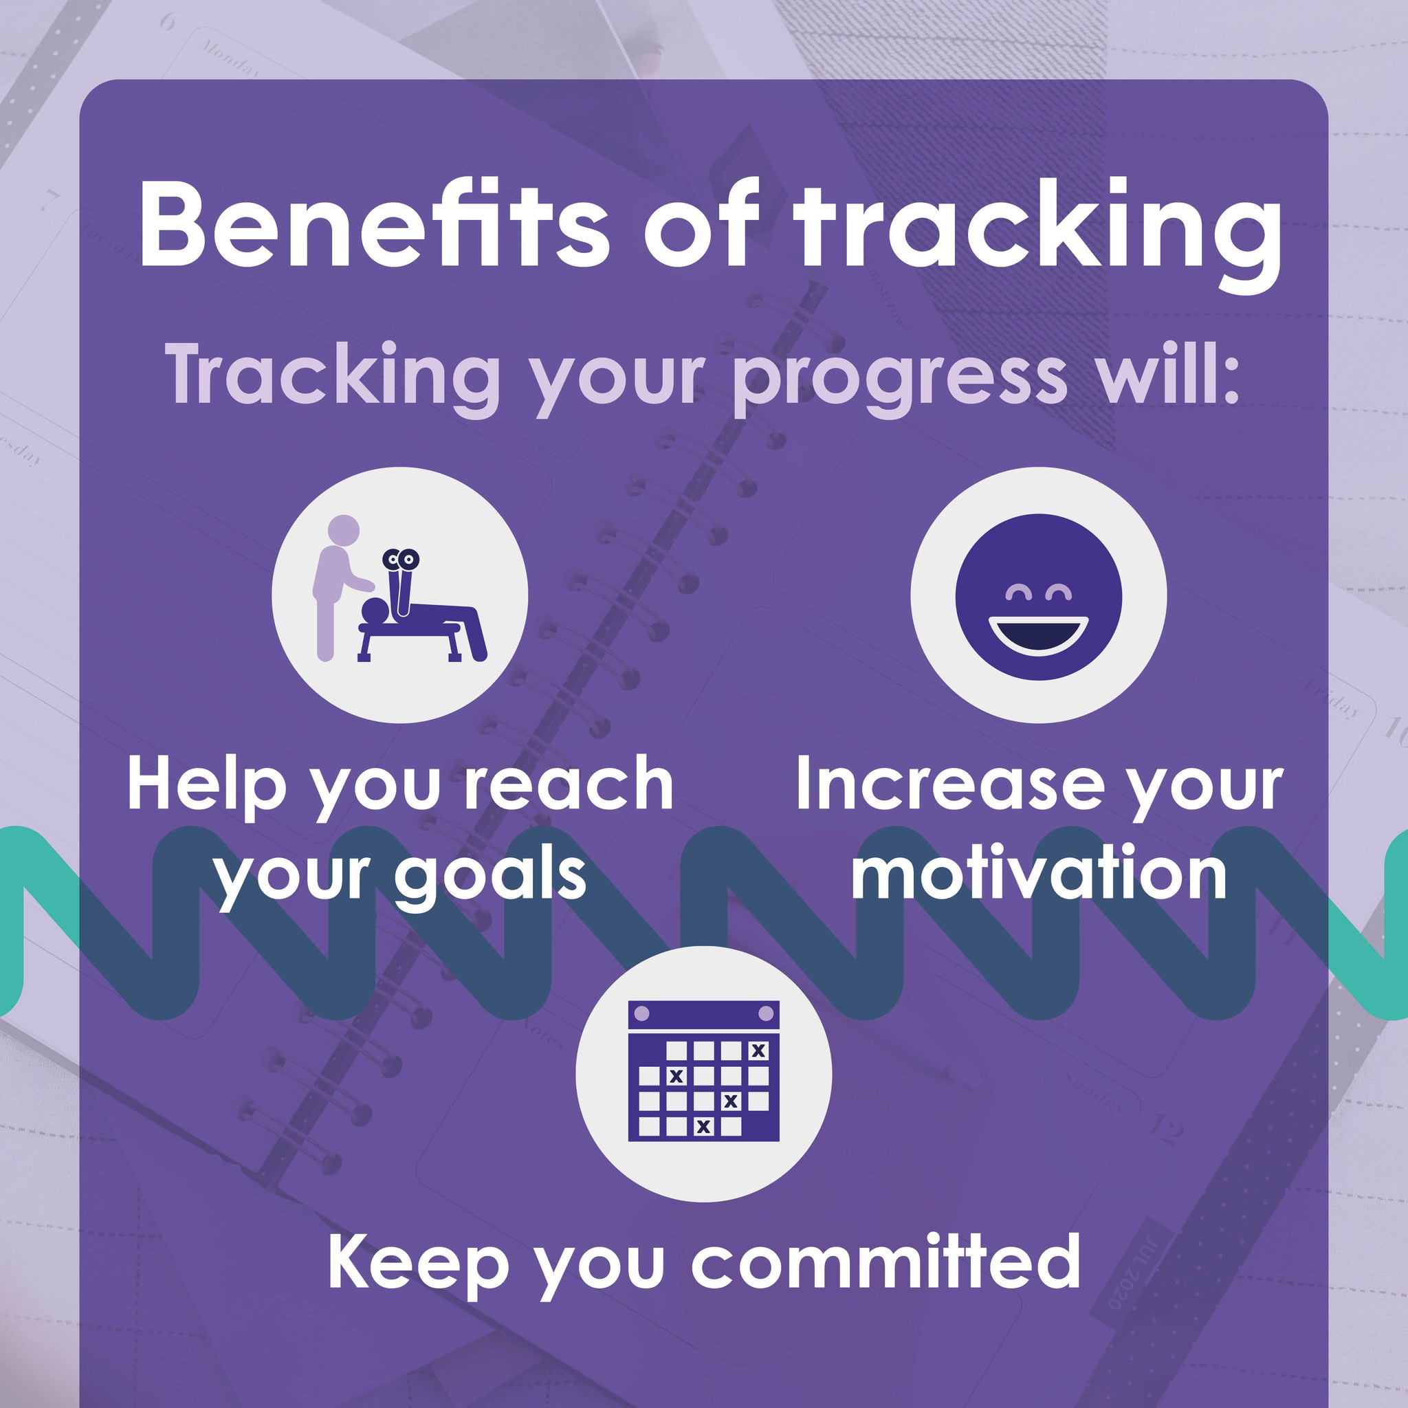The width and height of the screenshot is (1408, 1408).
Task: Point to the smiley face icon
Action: click(1039, 596)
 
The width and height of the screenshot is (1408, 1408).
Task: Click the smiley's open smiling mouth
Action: click(1039, 635)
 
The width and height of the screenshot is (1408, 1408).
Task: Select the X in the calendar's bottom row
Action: click(703, 1127)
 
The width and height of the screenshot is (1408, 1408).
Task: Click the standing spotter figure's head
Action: click(344, 530)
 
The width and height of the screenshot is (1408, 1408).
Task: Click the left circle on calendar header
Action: click(641, 1013)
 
